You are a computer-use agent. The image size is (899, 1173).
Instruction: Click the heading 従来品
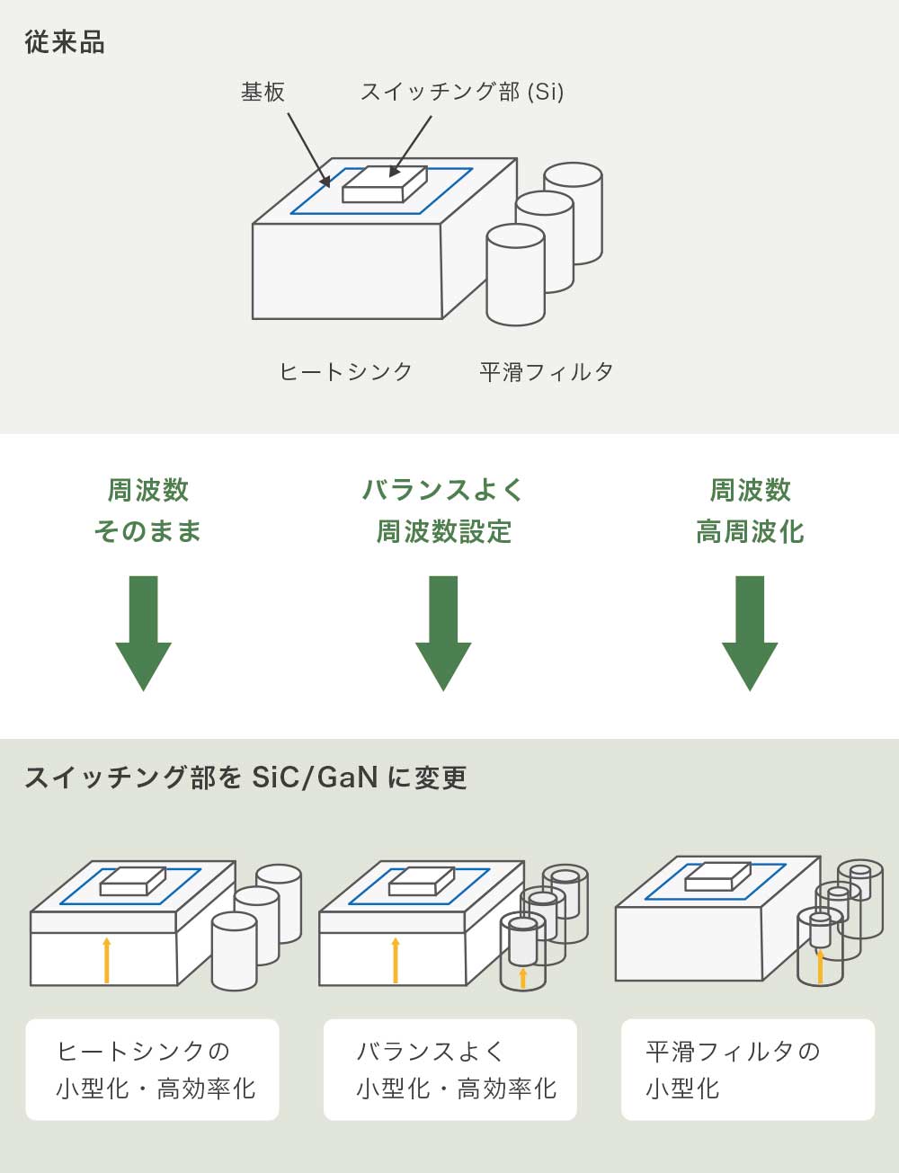click(x=65, y=42)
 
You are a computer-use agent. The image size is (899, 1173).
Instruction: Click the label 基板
click(x=263, y=92)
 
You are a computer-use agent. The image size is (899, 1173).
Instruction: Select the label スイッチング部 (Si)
click(x=462, y=92)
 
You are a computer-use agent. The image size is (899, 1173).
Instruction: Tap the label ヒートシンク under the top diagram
click(x=345, y=371)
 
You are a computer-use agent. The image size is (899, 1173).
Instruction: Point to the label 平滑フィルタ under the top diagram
click(x=547, y=371)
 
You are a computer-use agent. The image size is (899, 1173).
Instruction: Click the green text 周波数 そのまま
click(x=147, y=511)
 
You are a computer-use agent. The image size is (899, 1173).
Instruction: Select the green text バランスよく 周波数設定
click(x=443, y=511)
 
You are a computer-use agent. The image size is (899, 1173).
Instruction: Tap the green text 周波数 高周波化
click(x=750, y=511)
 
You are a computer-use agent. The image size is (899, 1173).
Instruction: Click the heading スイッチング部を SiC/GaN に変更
click(x=245, y=778)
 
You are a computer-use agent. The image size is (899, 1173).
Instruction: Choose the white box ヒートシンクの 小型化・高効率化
click(x=152, y=1070)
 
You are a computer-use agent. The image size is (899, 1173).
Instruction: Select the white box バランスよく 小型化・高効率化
click(x=450, y=1070)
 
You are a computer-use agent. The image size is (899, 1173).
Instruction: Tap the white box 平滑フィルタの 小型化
click(x=748, y=1070)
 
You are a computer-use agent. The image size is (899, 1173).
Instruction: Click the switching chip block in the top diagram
click(x=385, y=183)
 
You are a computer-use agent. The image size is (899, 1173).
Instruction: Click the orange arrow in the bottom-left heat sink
click(x=107, y=960)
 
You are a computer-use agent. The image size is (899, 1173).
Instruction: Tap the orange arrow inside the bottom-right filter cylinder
click(x=820, y=966)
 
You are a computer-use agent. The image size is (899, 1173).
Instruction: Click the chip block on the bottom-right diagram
click(x=717, y=876)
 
